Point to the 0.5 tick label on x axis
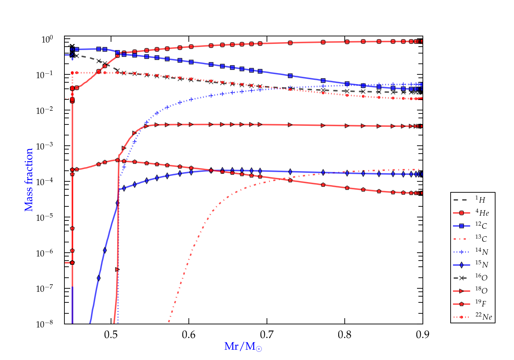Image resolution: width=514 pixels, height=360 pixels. [111, 335]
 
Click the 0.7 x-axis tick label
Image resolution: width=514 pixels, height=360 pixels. [267, 335]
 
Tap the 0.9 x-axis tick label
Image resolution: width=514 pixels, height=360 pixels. [423, 335]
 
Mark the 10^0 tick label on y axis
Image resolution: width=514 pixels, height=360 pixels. [47, 40]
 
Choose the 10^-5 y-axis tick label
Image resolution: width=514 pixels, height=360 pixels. [45, 218]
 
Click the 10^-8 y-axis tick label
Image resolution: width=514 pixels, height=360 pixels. [45, 324]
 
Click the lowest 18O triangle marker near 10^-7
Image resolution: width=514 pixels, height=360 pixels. [117, 269]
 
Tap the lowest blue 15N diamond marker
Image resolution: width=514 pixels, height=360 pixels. [99, 278]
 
